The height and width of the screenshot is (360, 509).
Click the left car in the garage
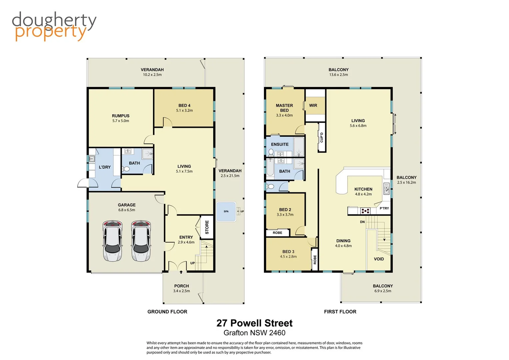point(112,241)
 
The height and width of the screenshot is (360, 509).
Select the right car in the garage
point(141,241)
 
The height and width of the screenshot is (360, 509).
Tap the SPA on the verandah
point(226,211)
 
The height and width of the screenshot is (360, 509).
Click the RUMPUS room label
point(121,116)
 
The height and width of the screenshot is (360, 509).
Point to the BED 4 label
point(184,105)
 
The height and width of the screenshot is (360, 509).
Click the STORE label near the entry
point(207,227)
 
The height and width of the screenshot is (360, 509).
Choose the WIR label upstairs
point(313,105)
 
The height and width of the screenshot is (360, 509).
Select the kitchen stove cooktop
point(365,211)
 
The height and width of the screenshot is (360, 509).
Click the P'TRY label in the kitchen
point(384,208)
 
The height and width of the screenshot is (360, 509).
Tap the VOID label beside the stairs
point(379,259)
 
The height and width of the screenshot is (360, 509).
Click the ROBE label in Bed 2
point(277,233)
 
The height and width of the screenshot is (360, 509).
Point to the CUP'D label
point(322,137)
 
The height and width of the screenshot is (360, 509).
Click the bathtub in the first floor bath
point(270,167)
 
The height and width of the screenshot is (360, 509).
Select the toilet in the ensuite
point(271,152)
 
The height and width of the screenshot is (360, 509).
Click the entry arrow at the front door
point(181,272)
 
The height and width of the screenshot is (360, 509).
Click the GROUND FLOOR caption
point(167,312)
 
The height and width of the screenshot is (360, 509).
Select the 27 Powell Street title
point(254,323)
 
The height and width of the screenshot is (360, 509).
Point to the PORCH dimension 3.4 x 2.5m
point(181,291)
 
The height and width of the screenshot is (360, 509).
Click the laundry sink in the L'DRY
point(92,159)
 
